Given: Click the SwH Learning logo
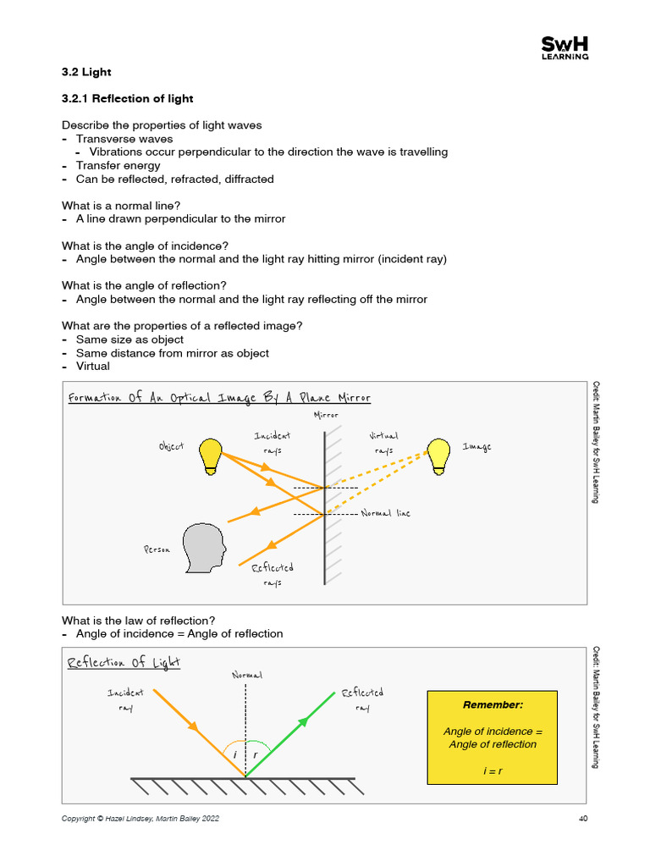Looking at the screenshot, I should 565,49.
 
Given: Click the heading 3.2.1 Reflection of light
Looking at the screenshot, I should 127,99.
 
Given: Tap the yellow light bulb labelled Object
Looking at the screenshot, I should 212,455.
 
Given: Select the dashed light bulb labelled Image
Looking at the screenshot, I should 438,455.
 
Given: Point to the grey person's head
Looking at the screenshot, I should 206,547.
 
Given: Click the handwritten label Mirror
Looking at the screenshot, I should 326,415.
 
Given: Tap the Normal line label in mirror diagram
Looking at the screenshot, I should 385,513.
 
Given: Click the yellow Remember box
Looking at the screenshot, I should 493,737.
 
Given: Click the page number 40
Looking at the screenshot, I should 583,819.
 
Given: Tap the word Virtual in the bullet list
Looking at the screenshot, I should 93,367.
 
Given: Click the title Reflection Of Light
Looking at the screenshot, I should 124,662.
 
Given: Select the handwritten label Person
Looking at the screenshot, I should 157,549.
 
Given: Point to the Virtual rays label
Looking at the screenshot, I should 383,443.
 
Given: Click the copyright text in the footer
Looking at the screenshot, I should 144,819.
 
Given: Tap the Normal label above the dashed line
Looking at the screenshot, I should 246,675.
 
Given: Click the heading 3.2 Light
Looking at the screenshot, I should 86,72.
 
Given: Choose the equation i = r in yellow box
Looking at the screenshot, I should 493,771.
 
